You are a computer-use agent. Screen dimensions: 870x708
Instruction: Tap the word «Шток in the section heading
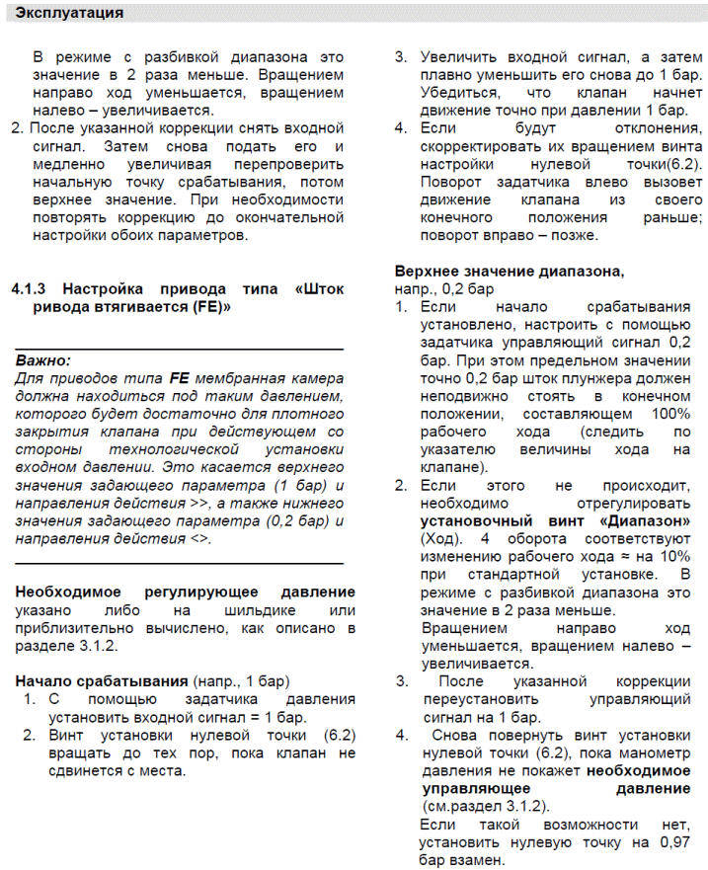[319, 288]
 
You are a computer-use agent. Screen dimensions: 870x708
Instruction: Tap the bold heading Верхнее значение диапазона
[509, 271]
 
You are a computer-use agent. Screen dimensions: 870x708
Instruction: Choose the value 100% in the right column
[669, 412]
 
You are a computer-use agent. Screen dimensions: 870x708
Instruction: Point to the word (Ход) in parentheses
[442, 536]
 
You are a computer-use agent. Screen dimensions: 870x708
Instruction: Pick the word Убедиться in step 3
[458, 92]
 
